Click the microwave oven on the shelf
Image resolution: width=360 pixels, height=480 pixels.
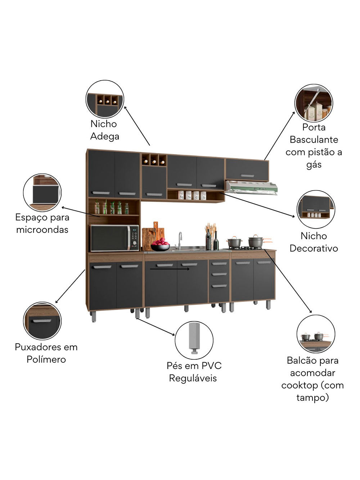click(114, 238)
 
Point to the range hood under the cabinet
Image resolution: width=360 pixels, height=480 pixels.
click(251, 188)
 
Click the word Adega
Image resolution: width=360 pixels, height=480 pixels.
click(104, 136)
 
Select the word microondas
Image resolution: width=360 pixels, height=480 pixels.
click(42, 230)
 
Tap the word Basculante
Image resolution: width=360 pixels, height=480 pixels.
click(314, 140)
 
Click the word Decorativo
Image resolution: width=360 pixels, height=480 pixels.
click(314, 248)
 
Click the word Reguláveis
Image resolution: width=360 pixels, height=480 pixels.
click(193, 378)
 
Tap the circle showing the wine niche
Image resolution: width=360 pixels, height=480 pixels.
click(105, 99)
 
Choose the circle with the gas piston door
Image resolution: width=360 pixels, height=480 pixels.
click(314, 103)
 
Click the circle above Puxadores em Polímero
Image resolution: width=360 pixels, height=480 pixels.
click(42, 321)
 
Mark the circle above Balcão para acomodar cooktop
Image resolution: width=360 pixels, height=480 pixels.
click(316, 334)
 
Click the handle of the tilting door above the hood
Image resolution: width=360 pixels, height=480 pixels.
click(247, 176)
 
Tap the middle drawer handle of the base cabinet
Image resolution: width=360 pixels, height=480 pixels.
click(219, 274)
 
